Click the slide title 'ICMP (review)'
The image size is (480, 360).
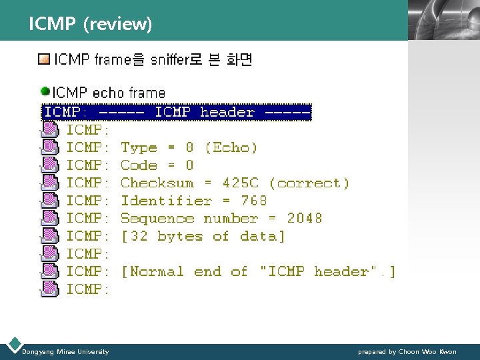point(91,25)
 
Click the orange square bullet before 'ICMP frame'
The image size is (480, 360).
point(44,60)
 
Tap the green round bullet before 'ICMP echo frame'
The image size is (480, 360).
point(45,91)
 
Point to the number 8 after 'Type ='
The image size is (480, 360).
point(190,147)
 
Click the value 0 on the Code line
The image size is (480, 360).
point(190,165)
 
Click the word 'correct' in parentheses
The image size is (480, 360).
point(309,183)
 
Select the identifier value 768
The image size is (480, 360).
point(254,201)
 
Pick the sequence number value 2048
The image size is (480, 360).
point(305,218)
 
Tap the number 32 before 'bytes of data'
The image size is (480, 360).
point(139,236)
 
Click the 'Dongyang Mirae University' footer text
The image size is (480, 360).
point(65,351)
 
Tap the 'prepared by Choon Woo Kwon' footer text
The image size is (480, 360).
point(407,351)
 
